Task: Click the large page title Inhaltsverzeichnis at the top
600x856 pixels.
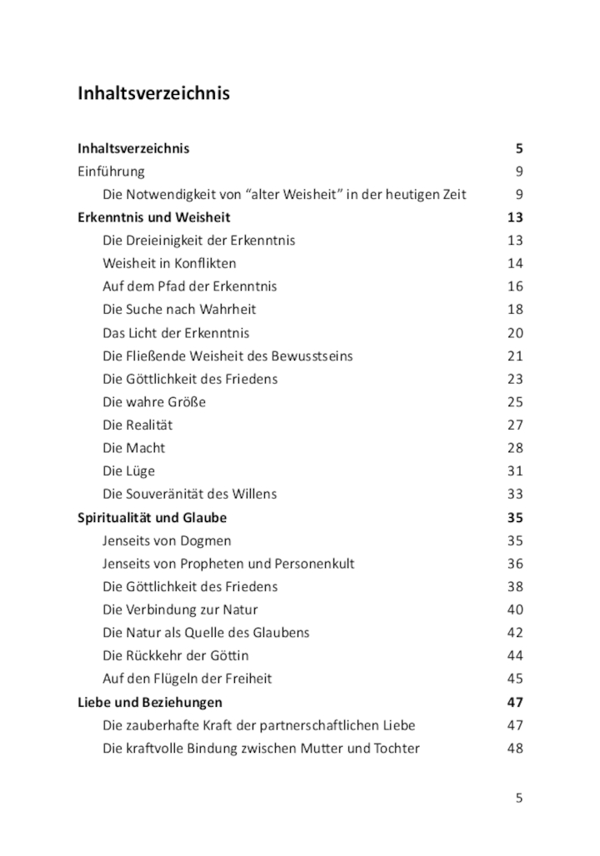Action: click(153, 93)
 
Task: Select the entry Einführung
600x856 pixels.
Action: click(111, 172)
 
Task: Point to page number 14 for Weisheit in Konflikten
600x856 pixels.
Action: click(514, 263)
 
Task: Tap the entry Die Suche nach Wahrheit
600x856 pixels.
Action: click(179, 309)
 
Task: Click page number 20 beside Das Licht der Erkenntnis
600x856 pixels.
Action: click(514, 332)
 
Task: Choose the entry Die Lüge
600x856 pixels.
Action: click(128, 470)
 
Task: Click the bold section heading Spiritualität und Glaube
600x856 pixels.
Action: click(152, 517)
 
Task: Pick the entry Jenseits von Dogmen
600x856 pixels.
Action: click(167, 540)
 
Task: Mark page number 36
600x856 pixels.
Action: click(514, 564)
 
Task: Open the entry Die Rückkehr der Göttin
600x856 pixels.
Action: click(175, 655)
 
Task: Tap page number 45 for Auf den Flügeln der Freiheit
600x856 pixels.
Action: click(514, 679)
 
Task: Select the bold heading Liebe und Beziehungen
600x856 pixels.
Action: click(150, 702)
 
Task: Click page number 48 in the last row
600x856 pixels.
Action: click(514, 748)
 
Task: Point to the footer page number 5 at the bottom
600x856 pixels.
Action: click(518, 798)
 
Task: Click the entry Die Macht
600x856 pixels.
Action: click(133, 447)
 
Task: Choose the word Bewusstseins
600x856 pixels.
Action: click(312, 356)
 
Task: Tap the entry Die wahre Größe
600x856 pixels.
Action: click(154, 401)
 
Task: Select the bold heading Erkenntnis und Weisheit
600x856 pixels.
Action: click(154, 217)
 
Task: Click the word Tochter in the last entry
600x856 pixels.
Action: click(397, 748)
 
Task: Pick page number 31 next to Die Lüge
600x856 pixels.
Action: click(514, 470)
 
